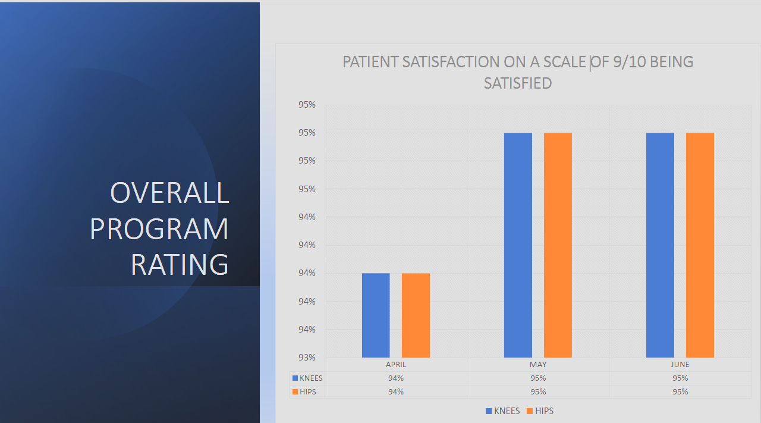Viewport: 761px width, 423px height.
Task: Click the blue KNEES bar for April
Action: coord(376,315)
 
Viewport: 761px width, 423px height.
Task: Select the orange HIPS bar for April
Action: coord(416,315)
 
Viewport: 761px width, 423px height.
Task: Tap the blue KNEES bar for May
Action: coord(518,245)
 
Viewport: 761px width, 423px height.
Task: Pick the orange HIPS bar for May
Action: coord(558,245)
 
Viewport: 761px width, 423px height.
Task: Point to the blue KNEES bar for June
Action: coord(660,245)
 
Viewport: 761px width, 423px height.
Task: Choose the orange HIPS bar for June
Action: coord(700,245)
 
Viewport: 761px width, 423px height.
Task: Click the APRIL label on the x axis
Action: coord(396,365)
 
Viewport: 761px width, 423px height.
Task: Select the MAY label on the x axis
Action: coord(538,365)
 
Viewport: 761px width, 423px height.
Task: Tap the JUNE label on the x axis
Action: coord(680,365)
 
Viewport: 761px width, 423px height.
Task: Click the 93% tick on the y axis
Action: coord(307,358)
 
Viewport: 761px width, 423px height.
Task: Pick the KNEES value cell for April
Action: coord(396,378)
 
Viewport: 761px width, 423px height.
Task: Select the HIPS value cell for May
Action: coord(538,392)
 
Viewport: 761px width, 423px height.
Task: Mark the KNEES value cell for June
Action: coord(680,378)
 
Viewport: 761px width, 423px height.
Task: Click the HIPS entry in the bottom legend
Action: coord(544,411)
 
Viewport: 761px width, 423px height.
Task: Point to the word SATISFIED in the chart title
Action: coord(518,83)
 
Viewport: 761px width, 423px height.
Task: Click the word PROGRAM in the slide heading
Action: coord(159,229)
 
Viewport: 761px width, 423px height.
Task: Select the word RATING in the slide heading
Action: coord(180,265)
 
